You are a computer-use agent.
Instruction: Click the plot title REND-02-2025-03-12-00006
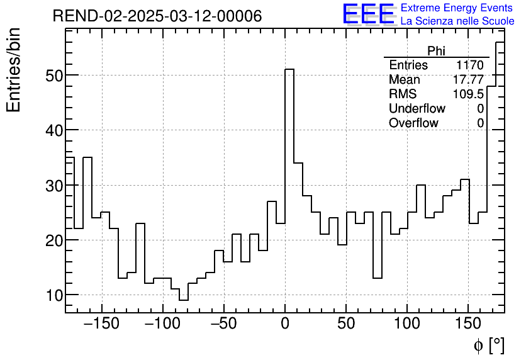[157, 16]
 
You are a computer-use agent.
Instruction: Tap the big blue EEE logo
[368, 14]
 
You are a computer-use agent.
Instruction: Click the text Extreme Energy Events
[456, 8]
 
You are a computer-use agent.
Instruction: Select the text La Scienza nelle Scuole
[457, 21]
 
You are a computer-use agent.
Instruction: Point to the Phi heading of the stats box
[437, 52]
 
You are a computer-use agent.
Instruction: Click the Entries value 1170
[470, 65]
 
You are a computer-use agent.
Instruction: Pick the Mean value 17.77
[468, 80]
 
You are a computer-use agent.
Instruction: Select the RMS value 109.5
[468, 94]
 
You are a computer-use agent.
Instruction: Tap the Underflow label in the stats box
[417, 109]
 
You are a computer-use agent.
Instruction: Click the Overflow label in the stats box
[413, 123]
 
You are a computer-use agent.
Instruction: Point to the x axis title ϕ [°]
[488, 346]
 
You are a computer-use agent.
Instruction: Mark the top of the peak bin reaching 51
[289, 70]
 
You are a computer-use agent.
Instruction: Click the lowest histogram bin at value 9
[184, 300]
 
